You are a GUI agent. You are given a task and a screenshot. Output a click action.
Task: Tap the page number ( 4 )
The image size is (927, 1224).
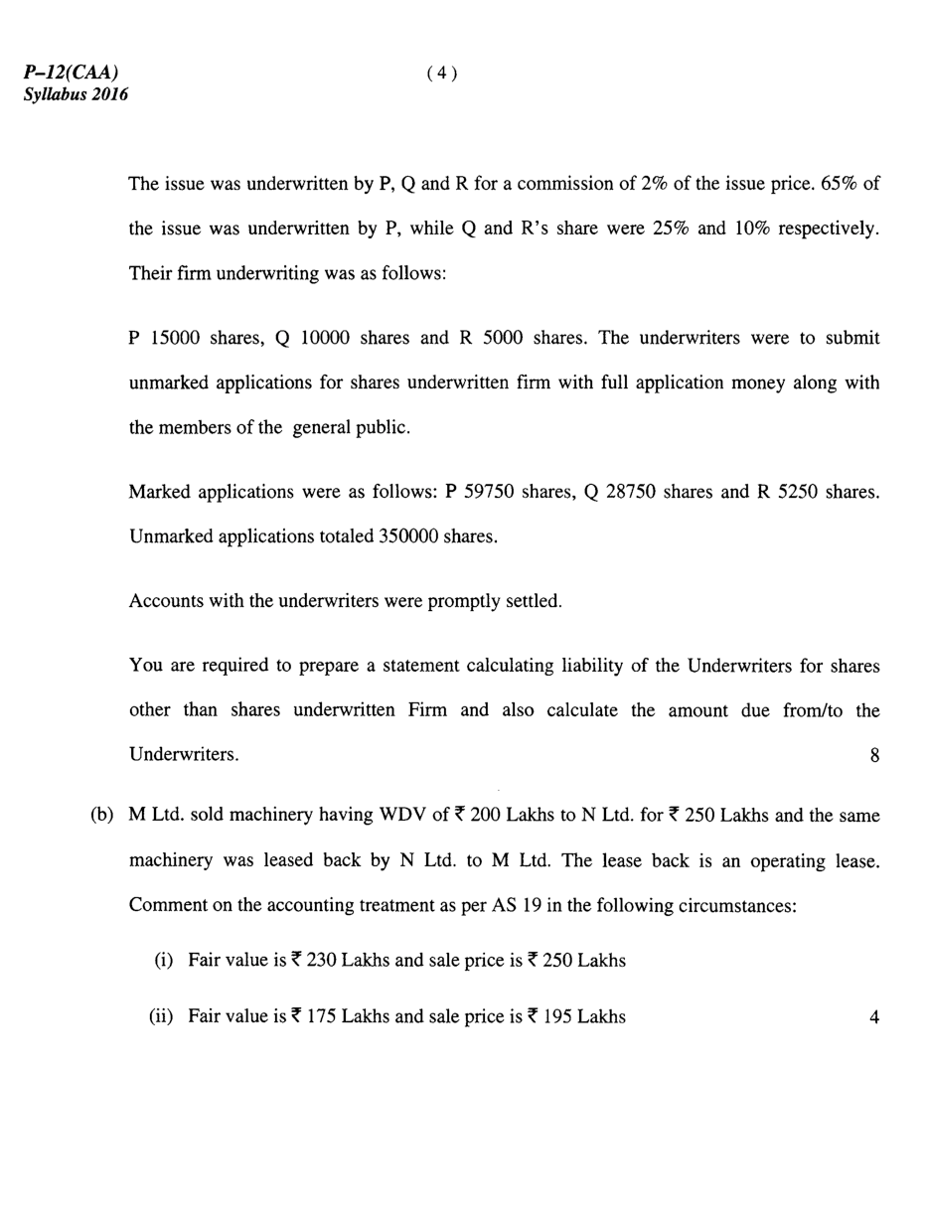click(442, 73)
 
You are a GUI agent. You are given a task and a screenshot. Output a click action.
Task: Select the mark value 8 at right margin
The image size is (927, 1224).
click(874, 756)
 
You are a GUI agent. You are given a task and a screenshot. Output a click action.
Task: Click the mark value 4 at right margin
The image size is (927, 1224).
click(874, 1017)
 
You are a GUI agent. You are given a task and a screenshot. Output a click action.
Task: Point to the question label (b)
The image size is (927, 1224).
click(102, 816)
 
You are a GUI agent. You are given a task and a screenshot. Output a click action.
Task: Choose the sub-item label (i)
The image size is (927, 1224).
click(164, 961)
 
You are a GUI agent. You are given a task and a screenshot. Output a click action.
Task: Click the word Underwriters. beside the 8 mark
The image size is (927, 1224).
click(184, 755)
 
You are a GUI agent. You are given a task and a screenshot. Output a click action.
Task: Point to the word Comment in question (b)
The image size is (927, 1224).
click(165, 906)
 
